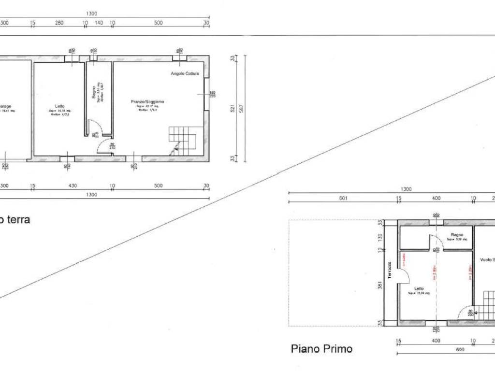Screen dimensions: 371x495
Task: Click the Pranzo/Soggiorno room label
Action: click(147, 101)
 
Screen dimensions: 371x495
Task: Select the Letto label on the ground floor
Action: click(59, 106)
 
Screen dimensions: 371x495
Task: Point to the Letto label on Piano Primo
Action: click(419, 288)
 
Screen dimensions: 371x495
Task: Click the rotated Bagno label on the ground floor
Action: click(94, 92)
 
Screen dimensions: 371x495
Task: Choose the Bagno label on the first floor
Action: click(457, 235)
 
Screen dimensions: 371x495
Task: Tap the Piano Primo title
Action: click(321, 349)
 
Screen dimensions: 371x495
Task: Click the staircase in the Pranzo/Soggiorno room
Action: click(182, 140)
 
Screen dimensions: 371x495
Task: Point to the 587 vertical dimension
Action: click(244, 109)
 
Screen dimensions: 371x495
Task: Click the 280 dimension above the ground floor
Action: click(59, 23)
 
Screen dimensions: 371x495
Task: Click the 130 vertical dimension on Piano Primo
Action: click(380, 237)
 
